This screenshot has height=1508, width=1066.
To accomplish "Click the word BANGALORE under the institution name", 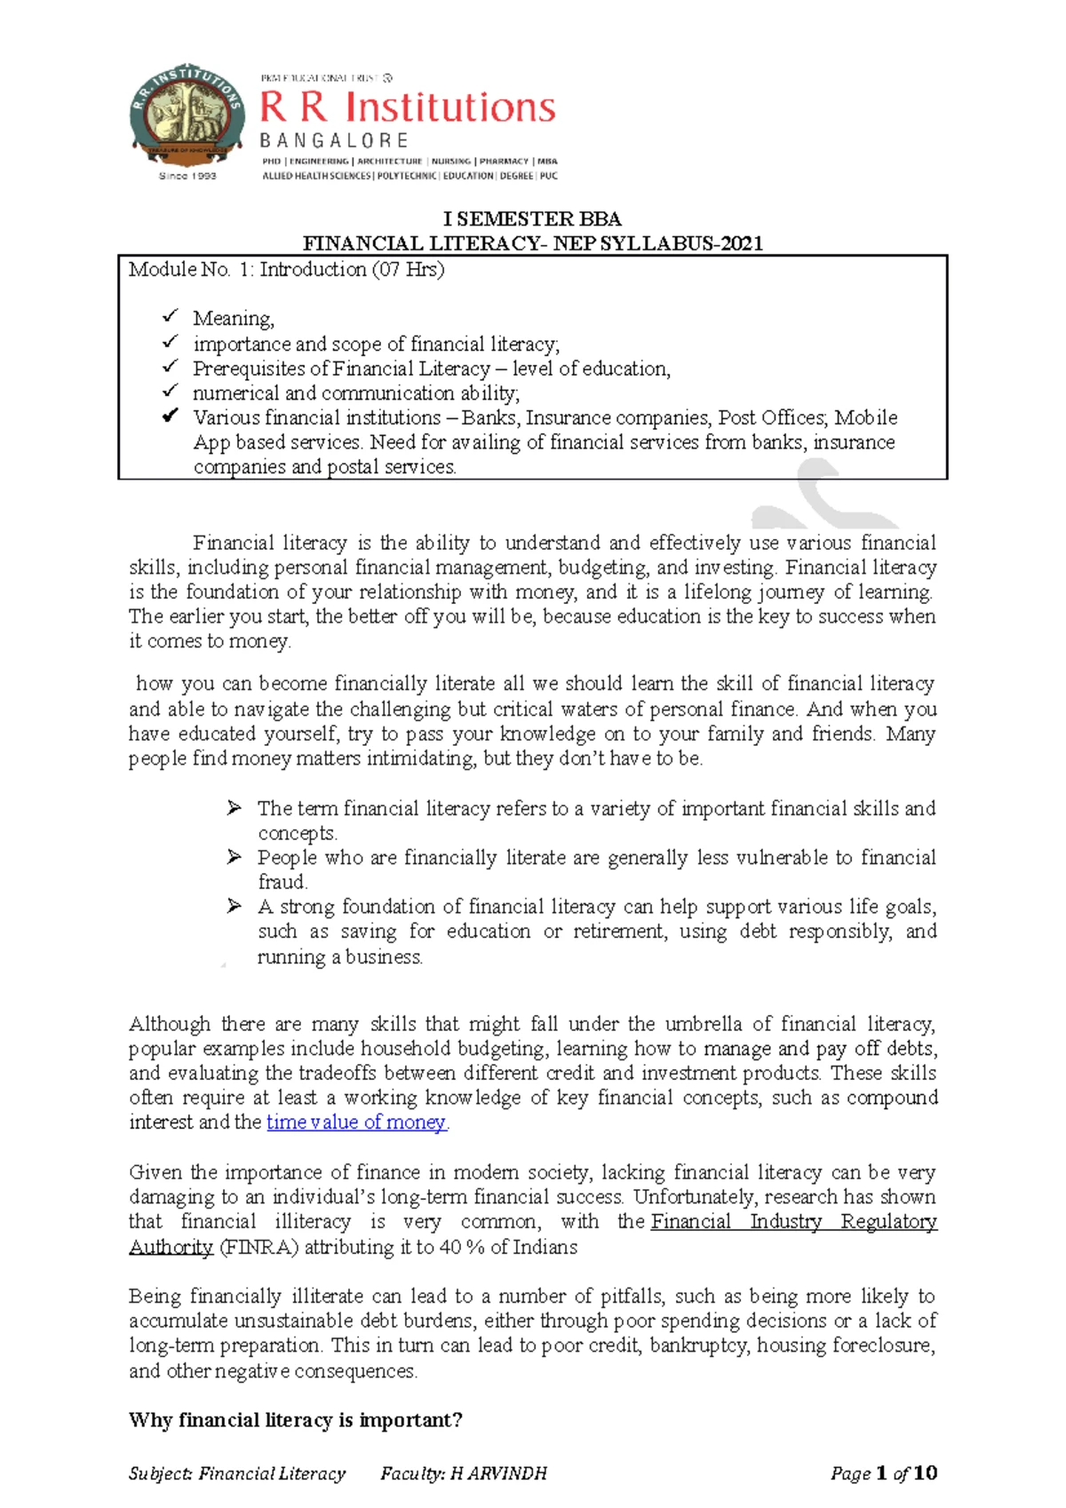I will point(334,140).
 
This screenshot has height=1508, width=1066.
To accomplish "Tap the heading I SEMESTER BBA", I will point(532,218).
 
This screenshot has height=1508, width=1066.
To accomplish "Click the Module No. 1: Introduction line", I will point(286,269).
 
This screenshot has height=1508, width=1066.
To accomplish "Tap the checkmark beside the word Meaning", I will point(170,317).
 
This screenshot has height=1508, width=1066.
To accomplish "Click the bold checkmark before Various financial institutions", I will point(170,417).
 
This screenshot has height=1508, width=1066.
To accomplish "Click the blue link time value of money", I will point(356,1123).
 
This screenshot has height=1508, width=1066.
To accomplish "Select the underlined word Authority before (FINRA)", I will point(171,1247).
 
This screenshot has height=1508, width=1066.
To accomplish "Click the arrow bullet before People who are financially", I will point(234,857).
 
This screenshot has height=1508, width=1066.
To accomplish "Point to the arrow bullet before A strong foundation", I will point(234,906).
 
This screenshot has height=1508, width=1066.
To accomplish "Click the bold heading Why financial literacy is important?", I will point(295,1420).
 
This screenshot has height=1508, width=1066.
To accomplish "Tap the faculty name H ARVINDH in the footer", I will point(498,1474).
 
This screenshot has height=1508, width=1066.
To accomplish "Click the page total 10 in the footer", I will point(925,1473).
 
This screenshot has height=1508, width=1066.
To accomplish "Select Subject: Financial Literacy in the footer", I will point(236,1474).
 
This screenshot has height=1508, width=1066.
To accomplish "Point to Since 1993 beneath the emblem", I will point(187,176).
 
